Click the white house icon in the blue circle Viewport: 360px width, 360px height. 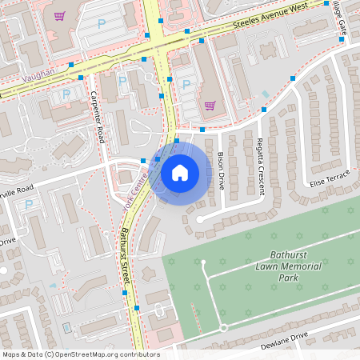[180, 172]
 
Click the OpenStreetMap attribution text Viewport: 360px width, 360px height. [80, 354]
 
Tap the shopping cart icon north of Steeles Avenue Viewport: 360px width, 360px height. [58, 16]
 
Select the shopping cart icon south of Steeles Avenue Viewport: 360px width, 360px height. [210, 104]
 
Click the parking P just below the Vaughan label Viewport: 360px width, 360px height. [65, 93]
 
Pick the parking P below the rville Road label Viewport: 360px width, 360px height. [29, 205]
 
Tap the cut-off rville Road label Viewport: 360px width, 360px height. [16, 189]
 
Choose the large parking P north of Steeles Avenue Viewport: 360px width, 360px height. [102, 24]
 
